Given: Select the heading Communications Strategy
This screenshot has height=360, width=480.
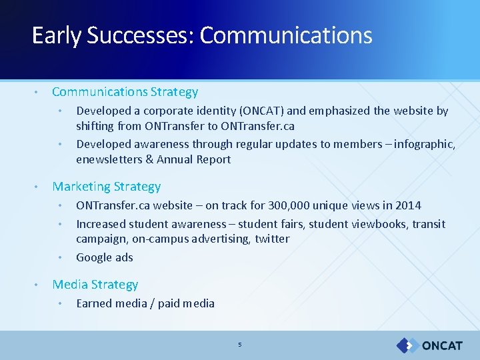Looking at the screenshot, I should pos(125,92).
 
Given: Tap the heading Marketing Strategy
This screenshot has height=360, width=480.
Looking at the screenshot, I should pos(107,187).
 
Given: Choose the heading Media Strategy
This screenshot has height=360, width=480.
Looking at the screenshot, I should pos(95,285).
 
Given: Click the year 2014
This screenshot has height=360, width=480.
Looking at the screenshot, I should pos(408,205).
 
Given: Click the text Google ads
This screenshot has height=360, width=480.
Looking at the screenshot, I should pos(105,257).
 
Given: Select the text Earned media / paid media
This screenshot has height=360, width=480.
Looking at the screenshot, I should pos(145,304).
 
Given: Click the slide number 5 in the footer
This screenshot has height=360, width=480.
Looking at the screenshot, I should pos(240,345).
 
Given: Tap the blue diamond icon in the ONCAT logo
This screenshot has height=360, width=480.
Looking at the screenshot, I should pos(406,345).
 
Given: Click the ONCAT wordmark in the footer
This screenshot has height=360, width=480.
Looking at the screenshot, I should pos(442,345).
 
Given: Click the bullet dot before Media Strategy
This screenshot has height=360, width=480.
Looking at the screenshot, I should pos(37,285).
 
